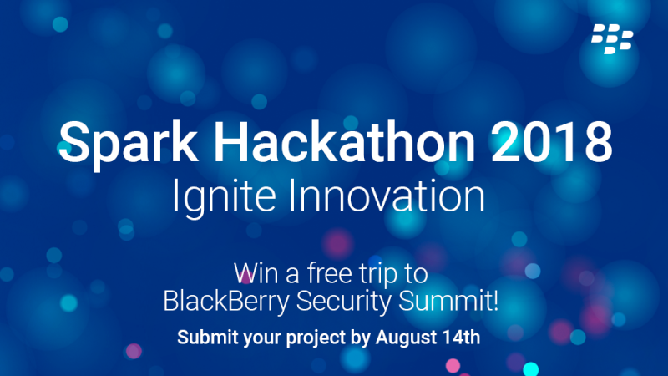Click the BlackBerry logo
(612, 38)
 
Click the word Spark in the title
(129, 144)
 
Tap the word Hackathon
(344, 141)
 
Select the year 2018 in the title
(552, 141)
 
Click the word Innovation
(387, 196)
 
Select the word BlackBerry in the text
(226, 302)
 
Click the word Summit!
(448, 301)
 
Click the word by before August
(361, 338)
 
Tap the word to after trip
(415, 275)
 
